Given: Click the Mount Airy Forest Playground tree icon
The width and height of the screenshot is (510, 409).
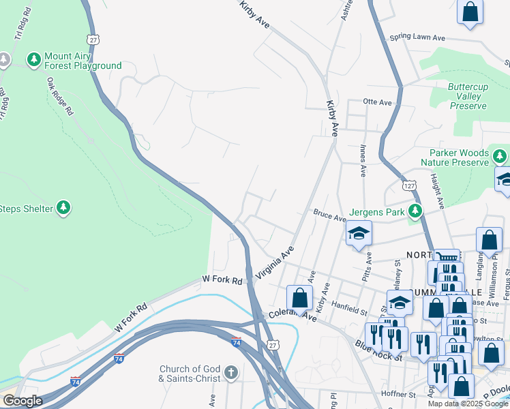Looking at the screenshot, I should coord(34,60).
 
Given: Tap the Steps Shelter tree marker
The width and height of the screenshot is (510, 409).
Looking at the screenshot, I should coord(63,207).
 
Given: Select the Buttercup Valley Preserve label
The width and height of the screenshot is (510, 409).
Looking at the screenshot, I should coord(468,96).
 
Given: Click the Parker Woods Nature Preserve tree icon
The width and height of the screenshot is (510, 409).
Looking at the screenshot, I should coord(500,157).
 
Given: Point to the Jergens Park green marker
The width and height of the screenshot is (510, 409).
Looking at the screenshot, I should coord(415,211).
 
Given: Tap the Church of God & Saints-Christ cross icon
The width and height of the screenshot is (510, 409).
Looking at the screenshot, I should coord(231,373).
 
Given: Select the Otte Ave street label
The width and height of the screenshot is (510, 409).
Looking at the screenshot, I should coord(378,102).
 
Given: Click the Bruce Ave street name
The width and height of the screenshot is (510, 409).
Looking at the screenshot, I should coord(329,216).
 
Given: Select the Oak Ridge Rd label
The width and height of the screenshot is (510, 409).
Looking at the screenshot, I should coord(60,96).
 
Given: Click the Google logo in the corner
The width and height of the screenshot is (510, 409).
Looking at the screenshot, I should coord(22,401).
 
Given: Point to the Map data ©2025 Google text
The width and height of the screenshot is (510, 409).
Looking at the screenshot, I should coord(467,404).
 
